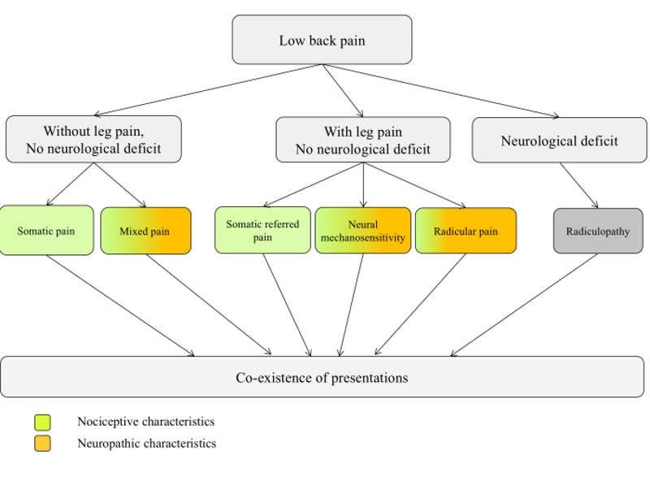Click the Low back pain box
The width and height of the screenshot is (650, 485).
tap(322, 40)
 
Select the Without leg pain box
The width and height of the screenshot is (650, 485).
tap(93, 139)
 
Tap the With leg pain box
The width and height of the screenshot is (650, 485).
tap(363, 140)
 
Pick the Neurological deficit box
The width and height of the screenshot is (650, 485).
tap(560, 140)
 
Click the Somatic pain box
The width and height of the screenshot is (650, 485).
tap(46, 231)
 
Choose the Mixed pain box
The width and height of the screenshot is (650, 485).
tap(146, 231)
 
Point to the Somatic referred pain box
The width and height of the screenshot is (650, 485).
tap(262, 230)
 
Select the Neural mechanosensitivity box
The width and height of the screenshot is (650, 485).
tap(363, 231)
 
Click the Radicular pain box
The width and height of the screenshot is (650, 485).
tap(466, 231)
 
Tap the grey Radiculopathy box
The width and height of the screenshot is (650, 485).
tap(598, 231)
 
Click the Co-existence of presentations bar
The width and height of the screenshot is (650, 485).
tap(322, 377)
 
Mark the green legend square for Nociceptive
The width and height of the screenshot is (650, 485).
tap(42, 422)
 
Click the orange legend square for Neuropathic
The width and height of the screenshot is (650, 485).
tap(42, 443)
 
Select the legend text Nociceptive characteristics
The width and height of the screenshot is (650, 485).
tap(146, 422)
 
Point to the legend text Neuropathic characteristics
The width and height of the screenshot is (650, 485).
tap(147, 444)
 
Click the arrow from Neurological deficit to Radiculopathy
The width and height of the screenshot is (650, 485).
tap(578, 185)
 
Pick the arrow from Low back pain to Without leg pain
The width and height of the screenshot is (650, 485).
tap(209, 90)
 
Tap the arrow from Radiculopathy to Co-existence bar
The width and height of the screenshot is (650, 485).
tap(524, 305)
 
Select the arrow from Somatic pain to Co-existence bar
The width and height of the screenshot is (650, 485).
tap(120, 305)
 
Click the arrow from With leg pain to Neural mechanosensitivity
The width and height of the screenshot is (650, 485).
tap(363, 185)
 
